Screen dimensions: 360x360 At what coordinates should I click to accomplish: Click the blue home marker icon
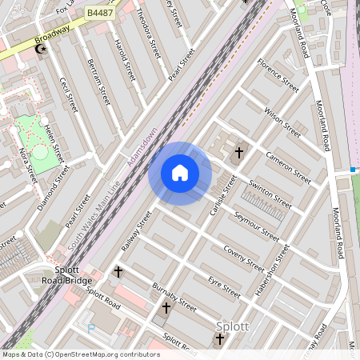[x=180, y=173]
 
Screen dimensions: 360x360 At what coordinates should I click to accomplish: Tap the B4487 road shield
[x=100, y=13]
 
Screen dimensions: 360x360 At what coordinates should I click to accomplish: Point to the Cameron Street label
[x=288, y=167]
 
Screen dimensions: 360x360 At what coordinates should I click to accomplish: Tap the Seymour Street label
[x=256, y=226]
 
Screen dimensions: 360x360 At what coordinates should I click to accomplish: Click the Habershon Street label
[x=272, y=269]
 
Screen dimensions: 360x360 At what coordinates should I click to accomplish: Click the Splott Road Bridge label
[x=67, y=279]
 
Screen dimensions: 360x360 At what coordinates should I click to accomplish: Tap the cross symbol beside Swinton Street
[x=238, y=153]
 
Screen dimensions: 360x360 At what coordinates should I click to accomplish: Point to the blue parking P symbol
[x=90, y=328]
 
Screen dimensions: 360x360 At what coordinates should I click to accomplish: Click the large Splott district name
[x=233, y=326]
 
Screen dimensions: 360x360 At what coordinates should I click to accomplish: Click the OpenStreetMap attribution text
[x=80, y=354]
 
